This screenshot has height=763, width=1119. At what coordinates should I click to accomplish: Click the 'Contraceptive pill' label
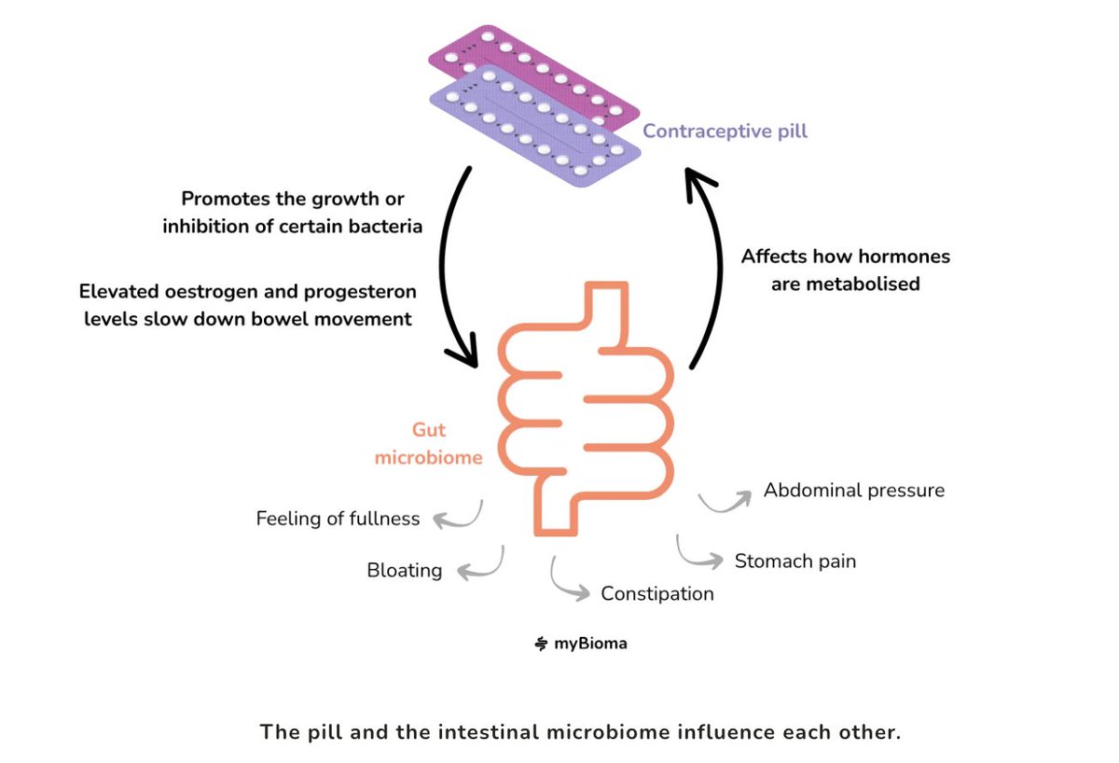coord(725,131)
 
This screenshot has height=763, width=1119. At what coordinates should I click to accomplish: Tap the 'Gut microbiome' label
coord(429,444)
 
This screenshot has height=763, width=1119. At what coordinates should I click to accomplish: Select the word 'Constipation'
coord(656,594)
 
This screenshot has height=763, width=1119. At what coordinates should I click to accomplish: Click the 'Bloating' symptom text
coord(405,571)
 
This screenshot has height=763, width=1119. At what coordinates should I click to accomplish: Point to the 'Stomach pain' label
coord(795,562)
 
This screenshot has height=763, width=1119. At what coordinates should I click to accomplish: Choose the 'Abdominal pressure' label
coord(854,491)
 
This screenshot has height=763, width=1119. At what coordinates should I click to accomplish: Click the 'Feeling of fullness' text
coord(338,519)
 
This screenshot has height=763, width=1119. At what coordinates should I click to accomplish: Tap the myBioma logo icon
coord(541,644)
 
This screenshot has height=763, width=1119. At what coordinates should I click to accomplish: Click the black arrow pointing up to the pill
coord(720,270)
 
